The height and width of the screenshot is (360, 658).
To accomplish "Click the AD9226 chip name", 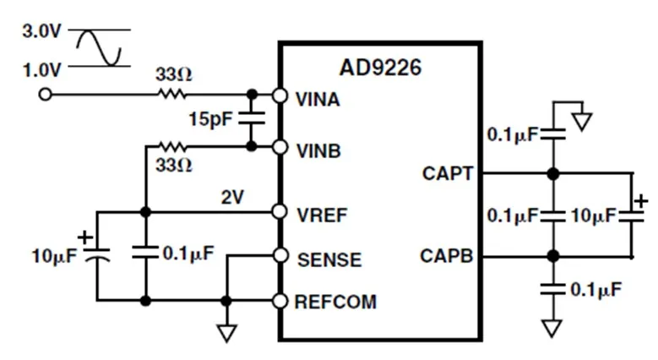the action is point(380,68).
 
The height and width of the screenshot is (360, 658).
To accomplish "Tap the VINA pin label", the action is point(318,100).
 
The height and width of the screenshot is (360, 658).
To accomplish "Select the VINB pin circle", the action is point(280,147).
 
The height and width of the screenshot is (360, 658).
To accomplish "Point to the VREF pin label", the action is point(322,215).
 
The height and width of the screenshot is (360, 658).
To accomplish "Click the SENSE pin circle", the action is point(280,255).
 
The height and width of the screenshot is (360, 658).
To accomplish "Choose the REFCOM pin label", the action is point(335,302).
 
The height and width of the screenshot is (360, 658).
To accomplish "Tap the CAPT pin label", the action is point(448,173).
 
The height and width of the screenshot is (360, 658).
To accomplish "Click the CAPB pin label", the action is point(447,256).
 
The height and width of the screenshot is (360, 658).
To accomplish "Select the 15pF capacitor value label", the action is point(210,119).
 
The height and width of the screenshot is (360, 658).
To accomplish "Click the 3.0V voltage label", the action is point(41,31).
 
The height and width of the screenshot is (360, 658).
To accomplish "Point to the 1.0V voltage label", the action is point(41,70).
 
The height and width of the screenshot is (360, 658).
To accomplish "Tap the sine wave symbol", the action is point(99,48).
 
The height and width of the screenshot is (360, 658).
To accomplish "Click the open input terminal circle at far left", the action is point(45,95).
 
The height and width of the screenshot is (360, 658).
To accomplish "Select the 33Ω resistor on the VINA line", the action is point(171,94).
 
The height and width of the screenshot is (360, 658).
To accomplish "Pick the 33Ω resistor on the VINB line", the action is point(172,146).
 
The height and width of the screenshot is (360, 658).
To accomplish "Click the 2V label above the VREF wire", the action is point(232,197).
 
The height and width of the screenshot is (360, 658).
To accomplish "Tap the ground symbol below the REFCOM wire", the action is point(226,332).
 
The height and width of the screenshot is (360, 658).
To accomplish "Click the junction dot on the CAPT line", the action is point(553,173).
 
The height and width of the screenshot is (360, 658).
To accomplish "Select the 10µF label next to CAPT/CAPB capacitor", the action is point(593,215).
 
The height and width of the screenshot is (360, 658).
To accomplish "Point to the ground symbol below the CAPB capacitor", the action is point(552,328).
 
